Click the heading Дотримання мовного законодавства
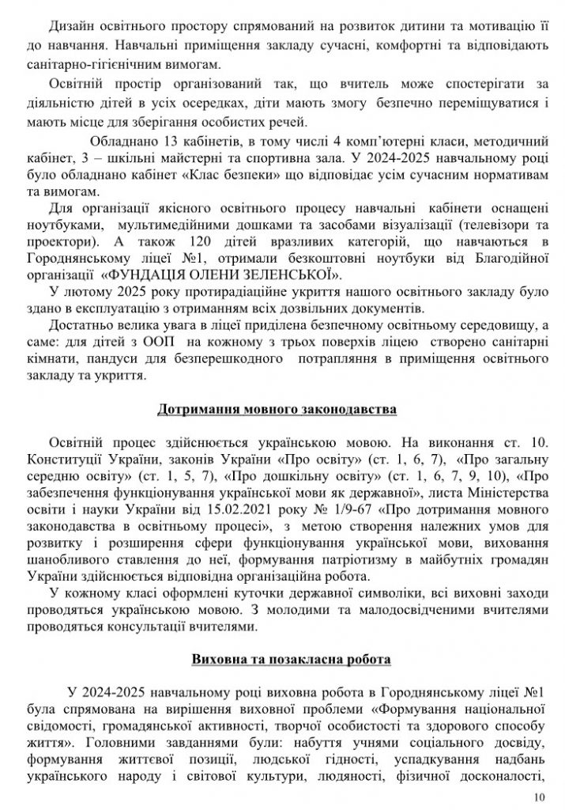tap(283, 411)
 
